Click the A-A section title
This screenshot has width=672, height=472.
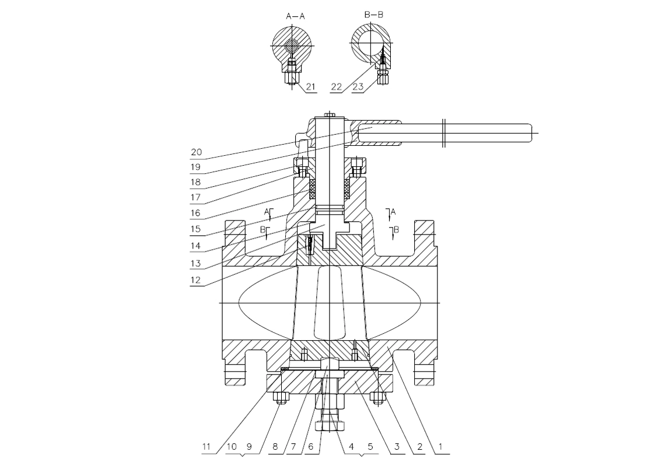click(x=295, y=16)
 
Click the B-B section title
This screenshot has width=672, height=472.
click(x=374, y=15)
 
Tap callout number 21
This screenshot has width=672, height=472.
click(x=311, y=86)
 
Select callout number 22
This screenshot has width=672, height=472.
click(x=337, y=86)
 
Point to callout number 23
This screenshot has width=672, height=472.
click(x=358, y=86)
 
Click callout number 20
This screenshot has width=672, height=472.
click(x=196, y=152)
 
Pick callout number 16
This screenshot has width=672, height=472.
click(x=195, y=213)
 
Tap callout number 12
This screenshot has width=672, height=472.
click(x=195, y=280)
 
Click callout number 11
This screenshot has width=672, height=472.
click(x=206, y=447)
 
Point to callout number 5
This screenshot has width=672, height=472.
click(x=370, y=447)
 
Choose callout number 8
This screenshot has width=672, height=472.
click(x=275, y=447)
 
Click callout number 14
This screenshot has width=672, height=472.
click(x=195, y=246)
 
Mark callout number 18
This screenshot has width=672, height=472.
click(x=195, y=182)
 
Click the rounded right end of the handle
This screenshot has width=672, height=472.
click(x=531, y=132)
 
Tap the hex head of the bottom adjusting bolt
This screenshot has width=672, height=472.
click(x=329, y=426)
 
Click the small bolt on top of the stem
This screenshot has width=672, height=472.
click(x=329, y=114)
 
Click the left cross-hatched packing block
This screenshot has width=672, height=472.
click(x=312, y=189)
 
